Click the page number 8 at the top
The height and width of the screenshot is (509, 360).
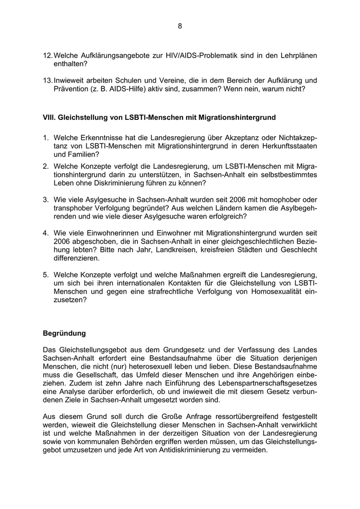[x=180, y=26]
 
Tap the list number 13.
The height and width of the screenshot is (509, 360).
[x=47, y=80]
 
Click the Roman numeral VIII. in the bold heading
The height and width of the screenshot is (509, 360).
[x=49, y=117]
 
